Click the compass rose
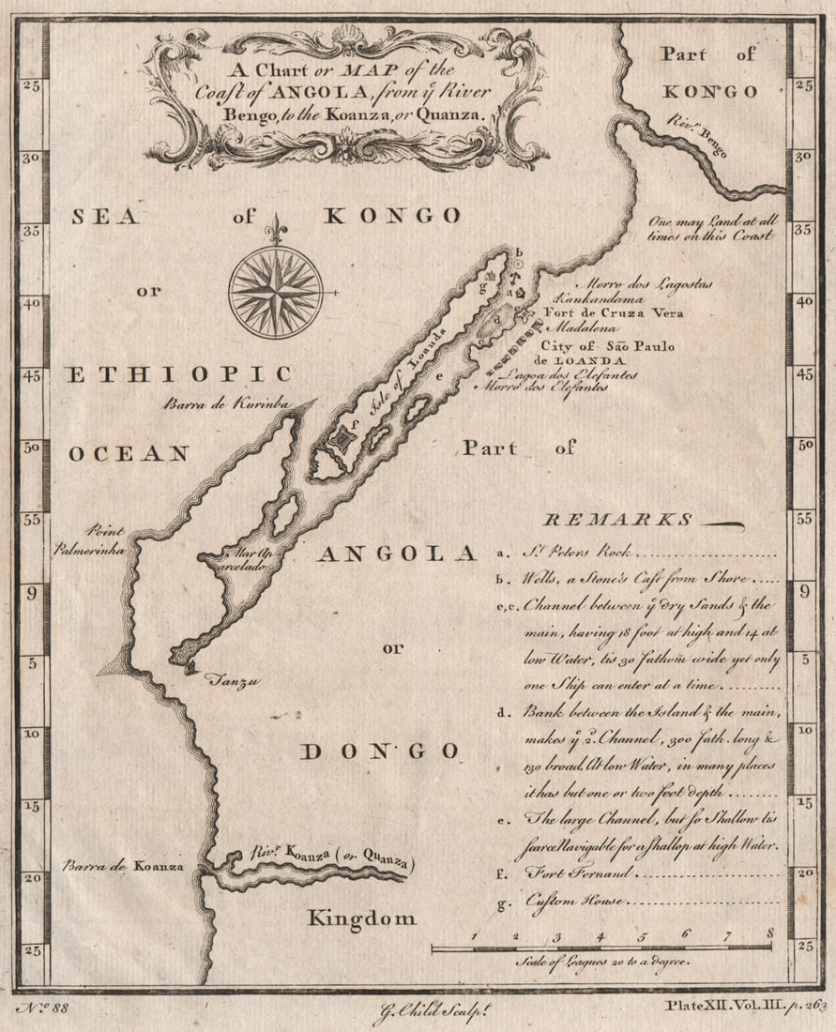(276, 292)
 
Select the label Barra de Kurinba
(222, 404)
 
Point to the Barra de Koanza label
(123, 866)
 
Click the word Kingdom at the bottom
(361, 918)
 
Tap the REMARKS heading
(619, 520)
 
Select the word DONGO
(381, 751)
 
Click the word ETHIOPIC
(179, 374)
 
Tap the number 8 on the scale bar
(769, 933)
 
